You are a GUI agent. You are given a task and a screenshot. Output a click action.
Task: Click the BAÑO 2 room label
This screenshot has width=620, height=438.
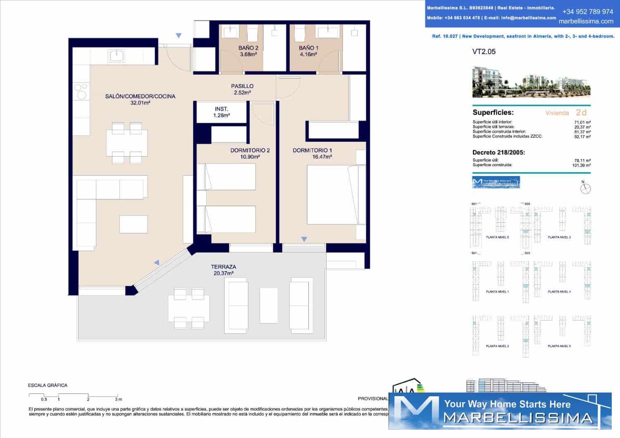[248, 48]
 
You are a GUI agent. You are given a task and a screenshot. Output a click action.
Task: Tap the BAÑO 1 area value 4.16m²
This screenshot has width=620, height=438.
[308, 54]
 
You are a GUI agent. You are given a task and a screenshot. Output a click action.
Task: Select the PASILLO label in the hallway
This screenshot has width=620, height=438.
[242, 86]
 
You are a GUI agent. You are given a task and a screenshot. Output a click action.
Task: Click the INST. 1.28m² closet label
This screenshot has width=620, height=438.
[222, 112]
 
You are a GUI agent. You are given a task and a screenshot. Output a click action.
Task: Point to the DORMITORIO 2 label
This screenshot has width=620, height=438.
[250, 150]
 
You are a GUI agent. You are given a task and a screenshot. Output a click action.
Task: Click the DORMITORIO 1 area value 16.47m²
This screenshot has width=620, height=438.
[322, 157]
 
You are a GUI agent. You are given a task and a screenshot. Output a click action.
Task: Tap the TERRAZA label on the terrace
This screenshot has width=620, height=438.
[223, 267]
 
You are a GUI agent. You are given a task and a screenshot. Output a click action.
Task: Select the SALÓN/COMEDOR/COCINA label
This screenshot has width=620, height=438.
[140, 96]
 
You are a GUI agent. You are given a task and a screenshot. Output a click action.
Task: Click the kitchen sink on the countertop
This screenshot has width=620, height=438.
[117, 56]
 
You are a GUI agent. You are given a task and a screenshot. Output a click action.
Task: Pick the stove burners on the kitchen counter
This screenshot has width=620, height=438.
[81, 91]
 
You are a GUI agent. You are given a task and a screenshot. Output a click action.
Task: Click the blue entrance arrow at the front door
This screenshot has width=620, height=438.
[179, 36]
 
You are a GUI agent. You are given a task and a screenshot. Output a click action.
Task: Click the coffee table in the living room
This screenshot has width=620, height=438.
[134, 224]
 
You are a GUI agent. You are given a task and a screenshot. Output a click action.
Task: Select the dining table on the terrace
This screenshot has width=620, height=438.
[188, 308]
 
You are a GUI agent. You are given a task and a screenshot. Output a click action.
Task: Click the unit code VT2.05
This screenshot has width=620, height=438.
[484, 52]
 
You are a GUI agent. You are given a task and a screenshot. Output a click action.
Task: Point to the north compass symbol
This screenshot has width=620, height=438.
[585, 188]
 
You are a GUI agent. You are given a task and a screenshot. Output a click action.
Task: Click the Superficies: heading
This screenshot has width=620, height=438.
[493, 112]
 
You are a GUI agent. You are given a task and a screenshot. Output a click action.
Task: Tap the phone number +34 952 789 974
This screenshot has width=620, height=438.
[587, 12]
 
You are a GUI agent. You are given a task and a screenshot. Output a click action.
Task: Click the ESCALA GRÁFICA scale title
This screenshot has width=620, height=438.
[48, 385]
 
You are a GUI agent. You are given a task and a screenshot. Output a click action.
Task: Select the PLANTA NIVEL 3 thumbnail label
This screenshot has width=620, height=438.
[559, 237]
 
